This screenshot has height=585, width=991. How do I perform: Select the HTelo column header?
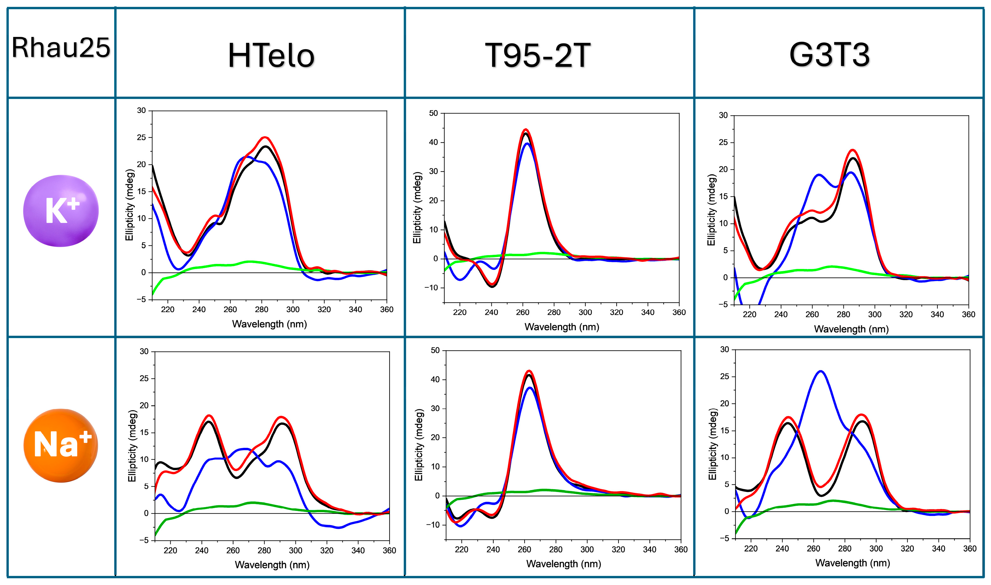tap(271, 56)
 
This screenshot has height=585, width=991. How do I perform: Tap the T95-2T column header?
tap(537, 55)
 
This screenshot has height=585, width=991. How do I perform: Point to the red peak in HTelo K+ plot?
tap(265, 137)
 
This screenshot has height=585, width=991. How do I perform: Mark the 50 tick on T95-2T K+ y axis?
tap(434, 113)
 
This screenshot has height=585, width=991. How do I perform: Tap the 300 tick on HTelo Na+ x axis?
tap(295, 550)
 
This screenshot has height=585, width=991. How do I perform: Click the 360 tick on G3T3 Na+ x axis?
tap(969, 549)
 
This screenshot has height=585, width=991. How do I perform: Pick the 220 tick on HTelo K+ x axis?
tap(167, 309)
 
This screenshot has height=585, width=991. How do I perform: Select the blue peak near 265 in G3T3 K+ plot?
tap(819, 175)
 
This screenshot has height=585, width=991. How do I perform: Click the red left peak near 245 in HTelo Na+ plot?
tap(209, 416)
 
